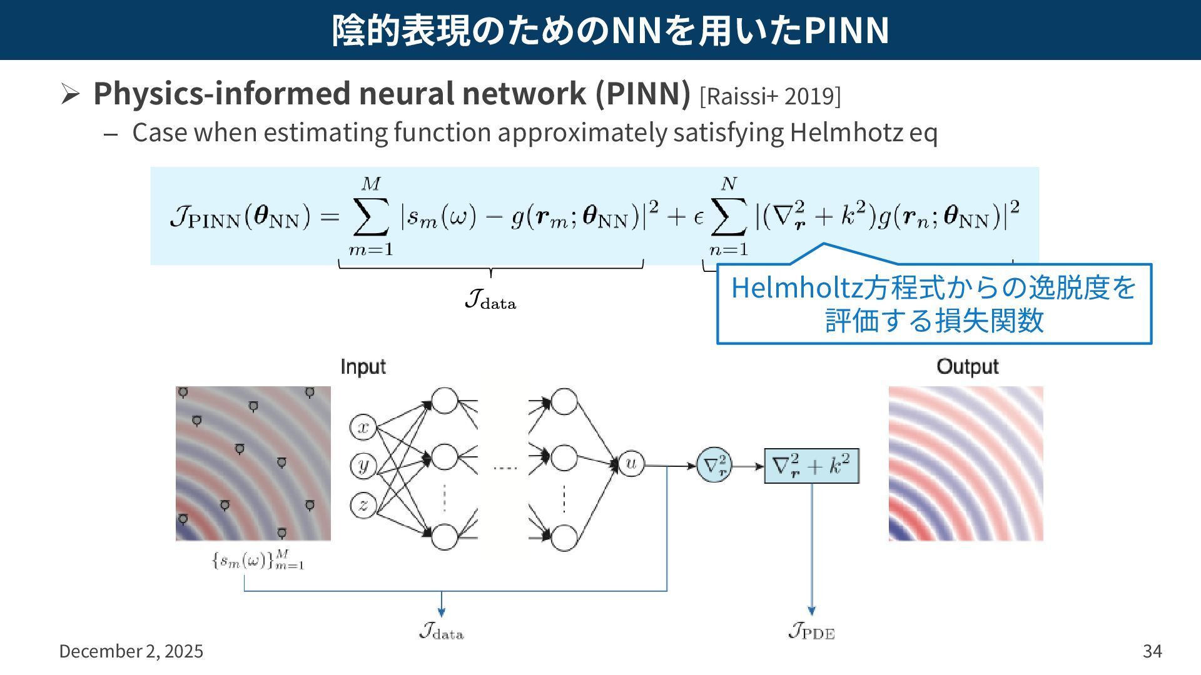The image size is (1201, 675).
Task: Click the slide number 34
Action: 1152,651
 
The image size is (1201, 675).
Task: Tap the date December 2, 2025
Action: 131,651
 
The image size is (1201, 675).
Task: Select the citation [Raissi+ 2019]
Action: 770,96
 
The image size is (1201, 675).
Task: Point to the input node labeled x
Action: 363,427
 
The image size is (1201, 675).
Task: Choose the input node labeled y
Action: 363,466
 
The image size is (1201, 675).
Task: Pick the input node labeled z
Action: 363,504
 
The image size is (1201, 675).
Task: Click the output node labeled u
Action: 631,464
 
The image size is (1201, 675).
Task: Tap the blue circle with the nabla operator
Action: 714,465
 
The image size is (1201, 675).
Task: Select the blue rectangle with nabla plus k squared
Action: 811,466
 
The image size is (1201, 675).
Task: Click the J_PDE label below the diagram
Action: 811,631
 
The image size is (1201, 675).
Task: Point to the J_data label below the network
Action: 442,631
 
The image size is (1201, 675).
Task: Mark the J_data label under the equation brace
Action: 490,300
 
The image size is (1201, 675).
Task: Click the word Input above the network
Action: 363,367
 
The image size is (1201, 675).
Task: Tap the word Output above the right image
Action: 967,367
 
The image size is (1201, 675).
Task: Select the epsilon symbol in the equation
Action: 699,217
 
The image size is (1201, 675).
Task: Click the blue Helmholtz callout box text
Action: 933,304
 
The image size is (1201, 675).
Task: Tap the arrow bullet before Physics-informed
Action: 69,94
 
